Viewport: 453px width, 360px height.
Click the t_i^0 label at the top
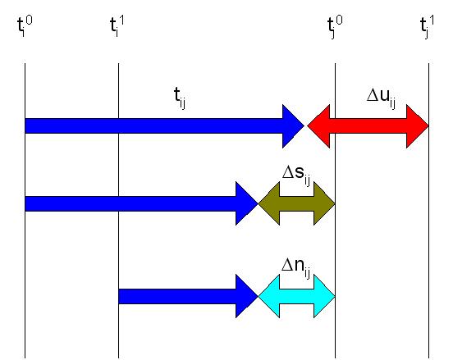click(25, 26)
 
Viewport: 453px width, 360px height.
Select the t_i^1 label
click(117, 26)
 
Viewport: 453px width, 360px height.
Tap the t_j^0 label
click(335, 27)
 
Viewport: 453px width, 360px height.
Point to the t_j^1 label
click(427, 27)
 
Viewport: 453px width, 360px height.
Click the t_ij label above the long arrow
click(180, 98)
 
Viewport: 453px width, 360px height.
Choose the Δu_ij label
click(381, 98)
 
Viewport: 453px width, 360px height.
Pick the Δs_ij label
click(296, 175)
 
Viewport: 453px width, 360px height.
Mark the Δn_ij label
click(296, 268)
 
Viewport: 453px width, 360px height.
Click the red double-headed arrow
click(368, 126)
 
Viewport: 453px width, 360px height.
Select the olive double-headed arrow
click(296, 203)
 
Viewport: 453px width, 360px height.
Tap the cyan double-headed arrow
click(296, 296)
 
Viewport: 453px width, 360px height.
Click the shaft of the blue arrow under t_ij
click(153, 125)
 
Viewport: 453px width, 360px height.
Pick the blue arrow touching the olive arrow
click(141, 203)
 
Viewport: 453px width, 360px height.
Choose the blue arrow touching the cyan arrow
click(188, 296)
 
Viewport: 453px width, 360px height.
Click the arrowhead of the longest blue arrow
click(291, 126)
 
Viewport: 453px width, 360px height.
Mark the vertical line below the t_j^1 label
click(428, 211)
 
